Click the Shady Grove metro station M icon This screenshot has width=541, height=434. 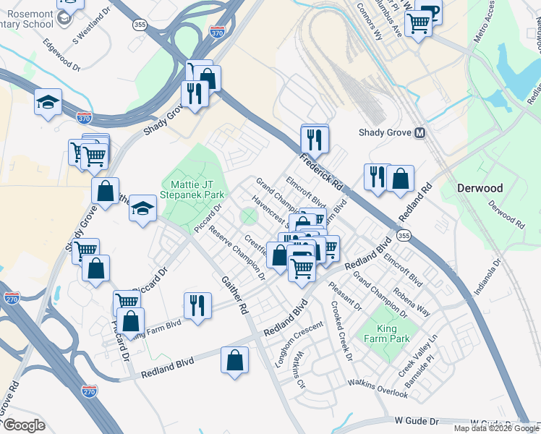coord(419,132)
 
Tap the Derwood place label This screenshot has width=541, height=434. coord(480,188)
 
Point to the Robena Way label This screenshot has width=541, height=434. coord(412,303)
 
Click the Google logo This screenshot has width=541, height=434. coord(23,425)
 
